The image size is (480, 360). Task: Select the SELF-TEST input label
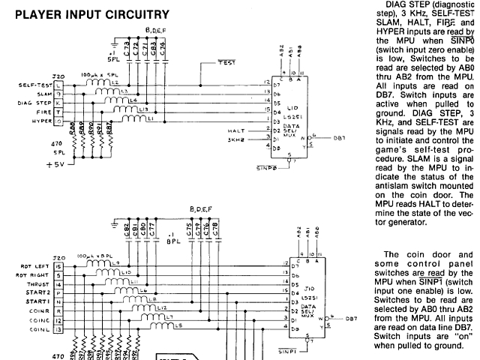pos(32,85)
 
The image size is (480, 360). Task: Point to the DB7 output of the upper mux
pos(339,138)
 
